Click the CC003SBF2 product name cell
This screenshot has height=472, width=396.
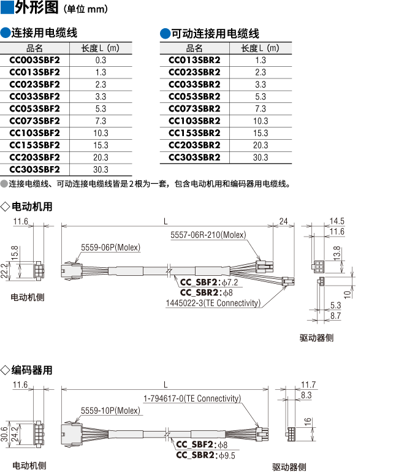pyautogui.click(x=35, y=60)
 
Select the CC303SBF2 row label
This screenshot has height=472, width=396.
pyautogui.click(x=35, y=169)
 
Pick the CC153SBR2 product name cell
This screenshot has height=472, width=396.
pyautogui.click(x=194, y=133)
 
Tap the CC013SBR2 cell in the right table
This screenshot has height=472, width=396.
pyautogui.click(x=194, y=60)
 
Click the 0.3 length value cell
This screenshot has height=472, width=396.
pyautogui.click(x=101, y=60)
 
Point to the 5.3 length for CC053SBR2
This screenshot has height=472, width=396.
pyautogui.click(x=261, y=96)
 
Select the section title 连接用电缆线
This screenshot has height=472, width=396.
pyautogui.click(x=45, y=33)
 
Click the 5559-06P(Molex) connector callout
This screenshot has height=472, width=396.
pyautogui.click(x=110, y=248)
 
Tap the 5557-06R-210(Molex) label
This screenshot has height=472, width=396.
pyautogui.click(x=208, y=235)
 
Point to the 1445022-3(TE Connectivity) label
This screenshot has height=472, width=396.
pyautogui.click(x=213, y=303)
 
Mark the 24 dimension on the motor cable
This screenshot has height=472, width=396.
pyautogui.click(x=283, y=221)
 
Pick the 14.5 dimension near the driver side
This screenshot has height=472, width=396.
pyautogui.click(x=337, y=221)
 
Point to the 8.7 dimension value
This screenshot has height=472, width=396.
pyautogui.click(x=335, y=316)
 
